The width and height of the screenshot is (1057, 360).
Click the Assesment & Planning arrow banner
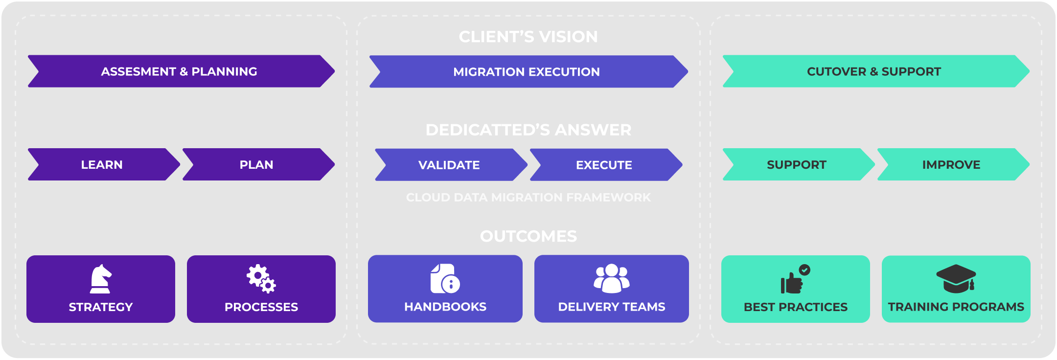tap(179, 71)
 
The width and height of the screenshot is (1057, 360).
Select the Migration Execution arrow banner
tap(527, 72)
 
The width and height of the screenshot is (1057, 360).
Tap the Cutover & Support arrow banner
tap(874, 71)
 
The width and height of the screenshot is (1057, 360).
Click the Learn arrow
tap(102, 165)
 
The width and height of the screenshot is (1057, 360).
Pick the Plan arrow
tap(256, 165)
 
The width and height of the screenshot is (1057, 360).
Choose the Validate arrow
tap(449, 165)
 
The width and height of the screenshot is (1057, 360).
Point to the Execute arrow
tap(604, 165)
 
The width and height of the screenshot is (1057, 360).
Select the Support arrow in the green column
tap(797, 165)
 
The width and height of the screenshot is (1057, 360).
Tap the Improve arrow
tap(951, 165)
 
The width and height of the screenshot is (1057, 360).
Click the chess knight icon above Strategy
tap(101, 279)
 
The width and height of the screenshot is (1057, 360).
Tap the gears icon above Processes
tap(261, 279)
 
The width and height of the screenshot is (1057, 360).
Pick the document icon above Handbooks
tap(445, 279)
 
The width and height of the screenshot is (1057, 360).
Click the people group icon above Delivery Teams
tap(612, 279)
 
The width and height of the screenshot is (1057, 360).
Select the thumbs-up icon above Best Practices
tap(794, 280)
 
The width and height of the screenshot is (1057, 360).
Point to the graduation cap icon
tap(956, 279)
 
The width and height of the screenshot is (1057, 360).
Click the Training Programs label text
tap(956, 307)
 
